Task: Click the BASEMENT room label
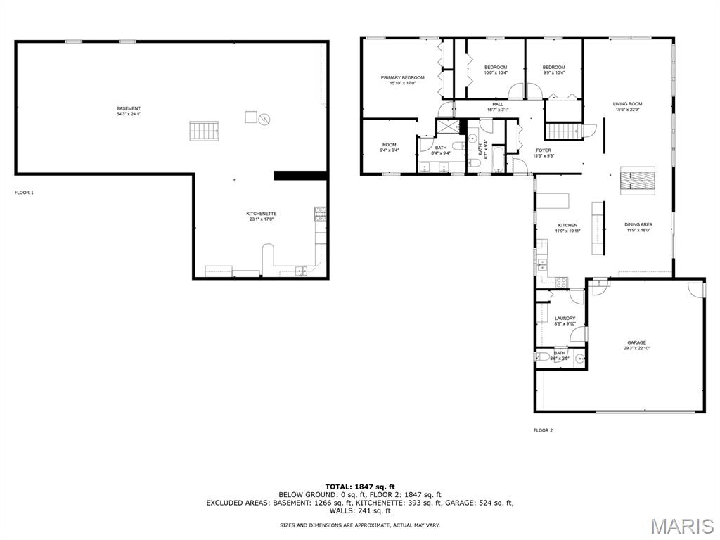point(128,108)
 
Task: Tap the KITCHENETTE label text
point(261,214)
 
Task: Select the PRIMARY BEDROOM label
point(402,77)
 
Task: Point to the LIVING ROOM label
point(627,104)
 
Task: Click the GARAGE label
point(636,343)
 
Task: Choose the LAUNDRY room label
point(565,319)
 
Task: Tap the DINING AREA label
point(638,225)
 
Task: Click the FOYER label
point(544,150)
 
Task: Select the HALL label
point(497,104)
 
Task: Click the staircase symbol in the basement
point(204,131)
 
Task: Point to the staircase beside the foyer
point(565,131)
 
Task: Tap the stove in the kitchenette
point(320,214)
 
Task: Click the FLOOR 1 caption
point(24,192)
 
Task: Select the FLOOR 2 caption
point(543,430)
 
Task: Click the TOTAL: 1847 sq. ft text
point(359,487)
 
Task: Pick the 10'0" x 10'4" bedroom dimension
point(495,72)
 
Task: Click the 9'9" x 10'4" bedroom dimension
point(553,72)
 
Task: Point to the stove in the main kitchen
point(562,282)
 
